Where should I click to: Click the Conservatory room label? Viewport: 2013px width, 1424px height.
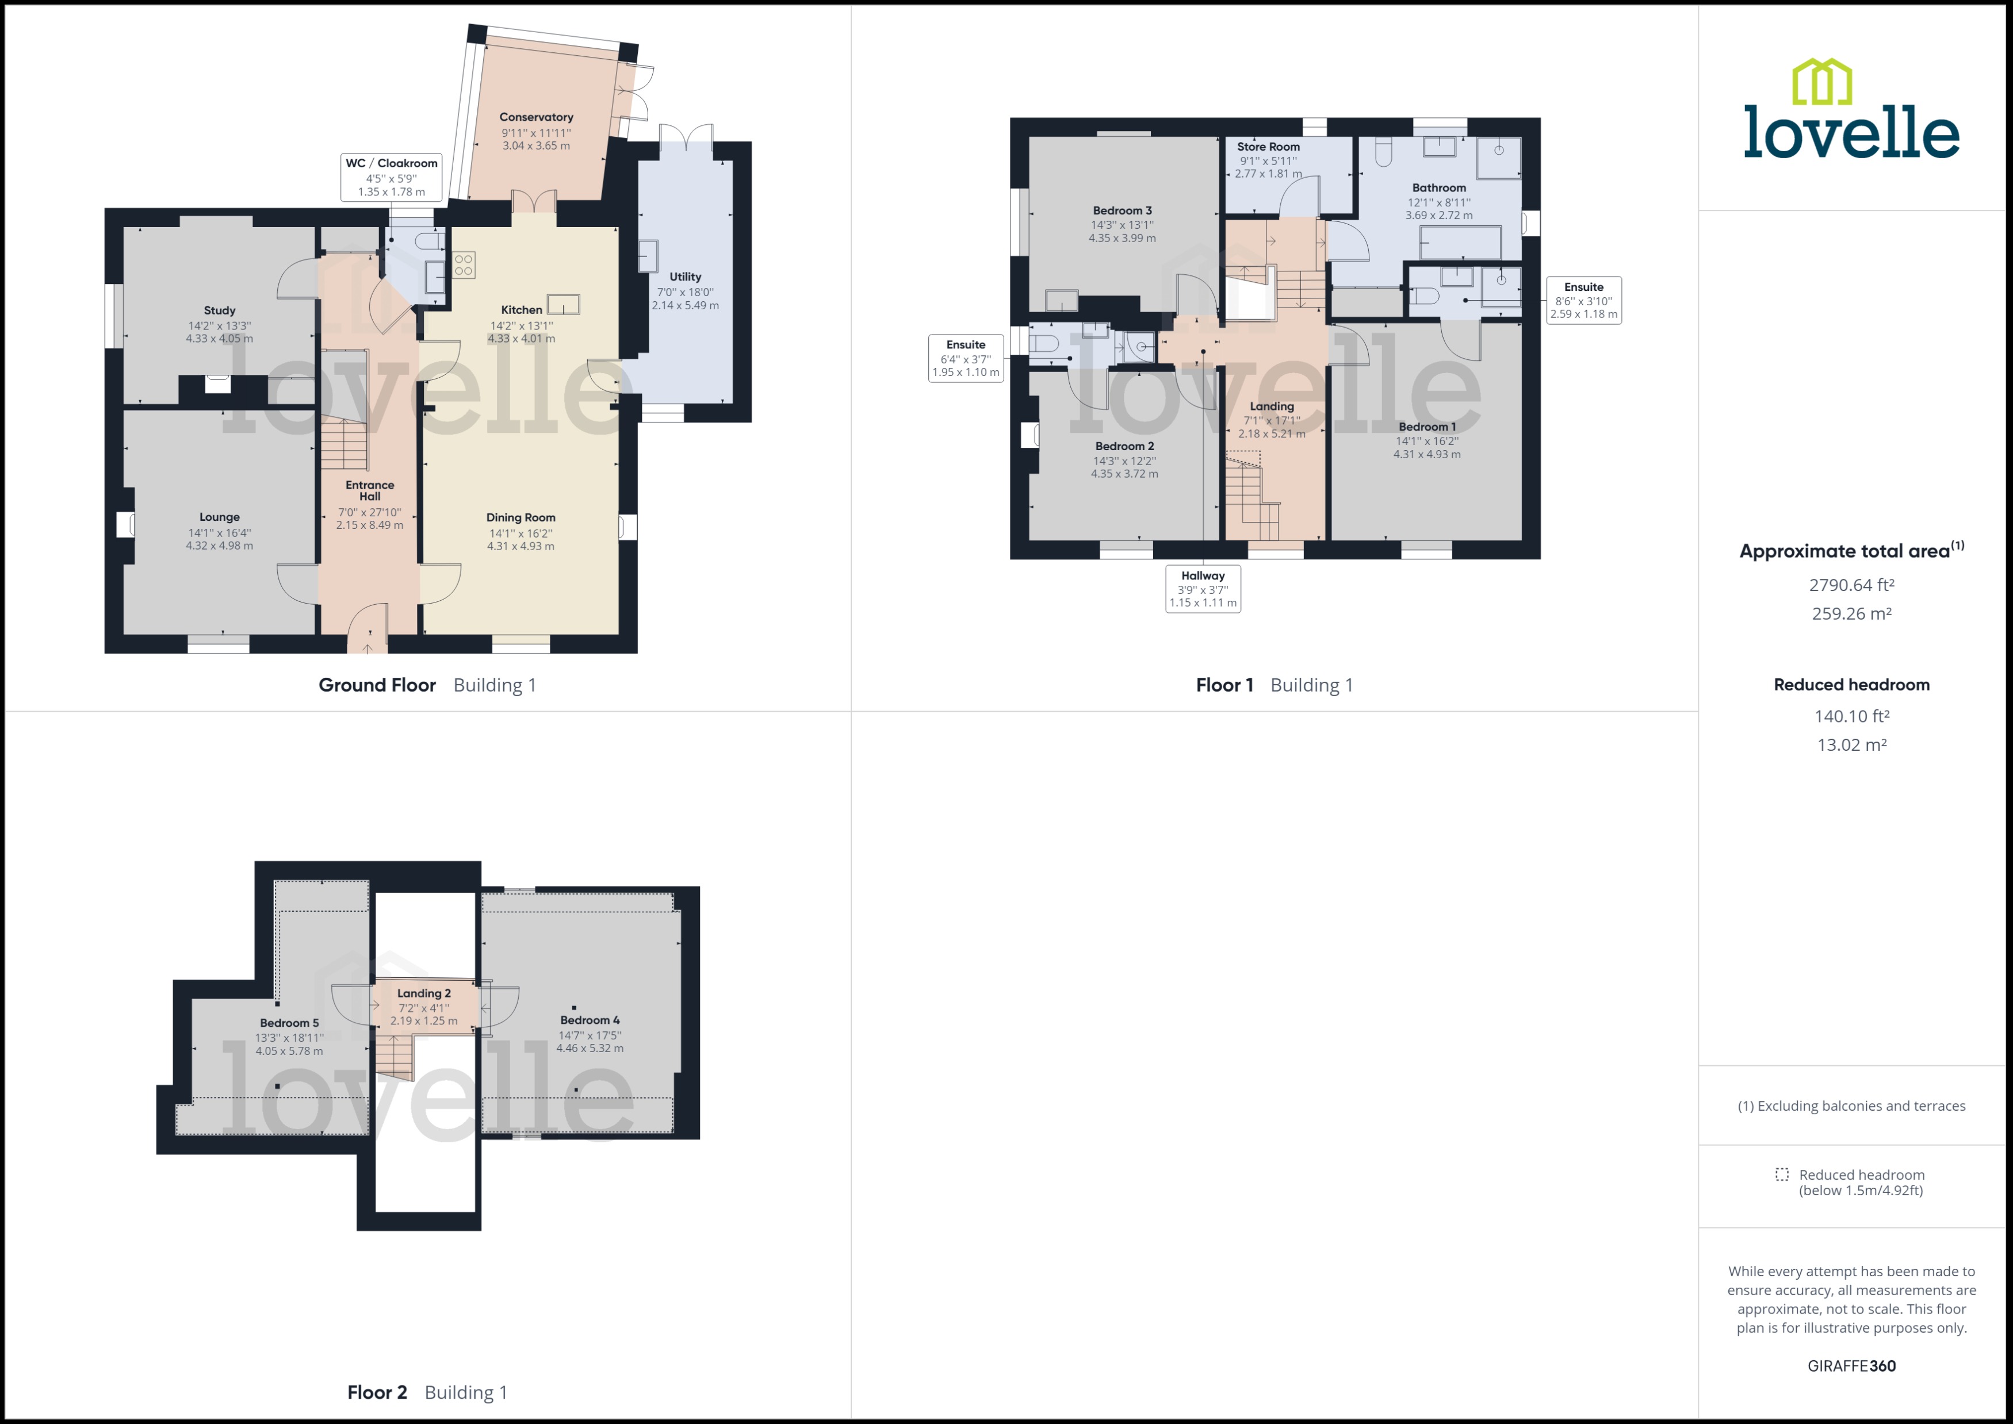tap(536, 117)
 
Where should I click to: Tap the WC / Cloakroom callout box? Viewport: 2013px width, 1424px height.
tap(391, 177)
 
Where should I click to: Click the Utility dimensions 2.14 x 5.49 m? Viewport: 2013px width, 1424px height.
tap(685, 306)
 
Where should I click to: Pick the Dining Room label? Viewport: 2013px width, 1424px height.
tap(521, 517)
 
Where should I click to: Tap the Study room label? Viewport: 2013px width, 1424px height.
tap(219, 310)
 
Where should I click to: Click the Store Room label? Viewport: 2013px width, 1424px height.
tap(1268, 147)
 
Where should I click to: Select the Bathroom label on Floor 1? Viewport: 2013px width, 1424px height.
tap(1438, 187)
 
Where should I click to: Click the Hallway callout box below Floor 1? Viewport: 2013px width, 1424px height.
tap(1203, 588)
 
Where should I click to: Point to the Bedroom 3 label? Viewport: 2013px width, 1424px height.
tap(1122, 210)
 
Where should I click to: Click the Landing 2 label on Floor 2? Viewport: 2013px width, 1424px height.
tap(424, 993)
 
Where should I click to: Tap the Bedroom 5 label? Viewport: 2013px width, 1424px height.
tap(289, 1022)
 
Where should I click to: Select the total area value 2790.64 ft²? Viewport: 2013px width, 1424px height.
tap(1851, 585)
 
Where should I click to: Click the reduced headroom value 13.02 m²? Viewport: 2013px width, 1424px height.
tap(1851, 744)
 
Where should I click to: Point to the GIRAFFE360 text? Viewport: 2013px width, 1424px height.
tap(1851, 1365)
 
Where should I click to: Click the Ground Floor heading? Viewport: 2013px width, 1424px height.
tap(377, 685)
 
